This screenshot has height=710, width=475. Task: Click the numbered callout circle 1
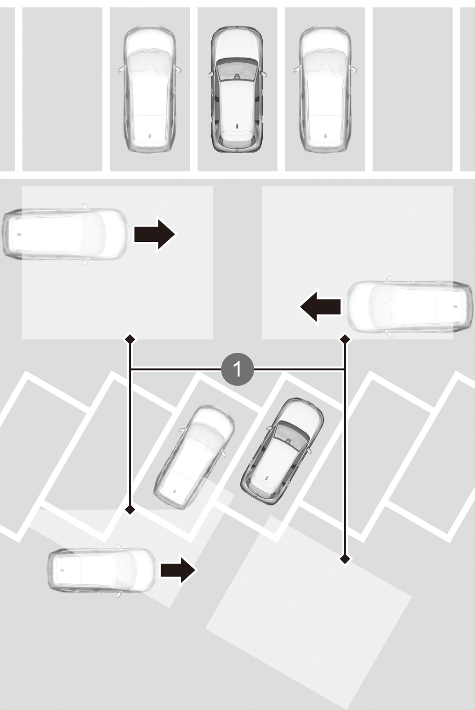click(238, 369)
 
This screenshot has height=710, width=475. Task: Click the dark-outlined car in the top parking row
click(237, 89)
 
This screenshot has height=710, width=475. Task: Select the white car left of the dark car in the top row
click(150, 89)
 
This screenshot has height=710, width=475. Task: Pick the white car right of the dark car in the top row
click(325, 89)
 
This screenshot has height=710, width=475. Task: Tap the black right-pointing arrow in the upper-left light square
click(154, 235)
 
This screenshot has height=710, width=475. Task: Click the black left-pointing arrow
click(320, 307)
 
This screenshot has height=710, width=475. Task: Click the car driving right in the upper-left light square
click(65, 234)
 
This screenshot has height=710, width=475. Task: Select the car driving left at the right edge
click(410, 307)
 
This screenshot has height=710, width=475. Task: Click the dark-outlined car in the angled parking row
click(282, 452)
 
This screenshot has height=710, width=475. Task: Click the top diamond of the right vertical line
click(345, 339)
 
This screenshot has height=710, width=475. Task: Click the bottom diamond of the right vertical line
click(345, 559)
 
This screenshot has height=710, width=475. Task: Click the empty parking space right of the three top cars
click(413, 89)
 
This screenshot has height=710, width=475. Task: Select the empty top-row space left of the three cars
click(62, 89)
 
